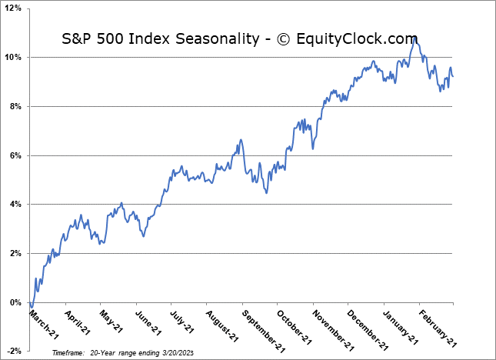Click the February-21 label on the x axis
point(439,328)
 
